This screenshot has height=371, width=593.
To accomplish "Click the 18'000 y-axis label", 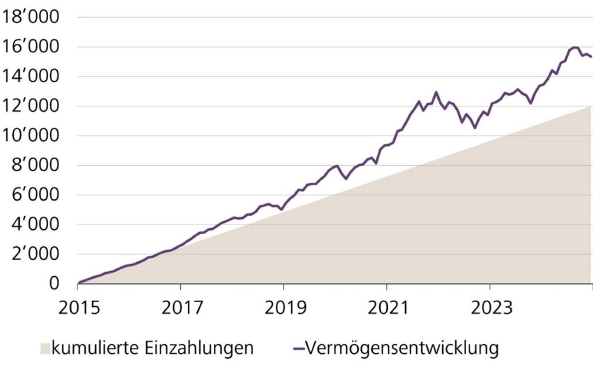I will point(30,17).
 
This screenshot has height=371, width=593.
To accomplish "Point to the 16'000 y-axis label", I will point(30,47).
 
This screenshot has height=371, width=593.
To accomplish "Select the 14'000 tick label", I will point(30,77).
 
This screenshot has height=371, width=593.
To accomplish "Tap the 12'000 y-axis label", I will point(30,106).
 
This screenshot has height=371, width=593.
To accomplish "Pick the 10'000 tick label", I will point(30,136).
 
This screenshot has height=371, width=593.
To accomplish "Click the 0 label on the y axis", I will point(54,284).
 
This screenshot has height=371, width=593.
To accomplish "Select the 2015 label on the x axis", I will point(79,308).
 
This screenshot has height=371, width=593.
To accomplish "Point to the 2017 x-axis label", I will point(182,308).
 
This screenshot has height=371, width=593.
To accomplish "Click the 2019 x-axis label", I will point(285,308).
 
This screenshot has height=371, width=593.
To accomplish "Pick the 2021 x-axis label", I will point(388,308).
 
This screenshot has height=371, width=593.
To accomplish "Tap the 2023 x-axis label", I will point(491,308).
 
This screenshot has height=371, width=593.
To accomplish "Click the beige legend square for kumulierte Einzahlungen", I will point(45,349).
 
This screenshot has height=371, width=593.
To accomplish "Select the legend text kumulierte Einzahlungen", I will point(152,348).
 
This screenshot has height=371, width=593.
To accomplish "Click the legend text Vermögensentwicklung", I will point(402,348).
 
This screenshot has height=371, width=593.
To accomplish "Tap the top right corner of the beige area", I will point(591,107).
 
